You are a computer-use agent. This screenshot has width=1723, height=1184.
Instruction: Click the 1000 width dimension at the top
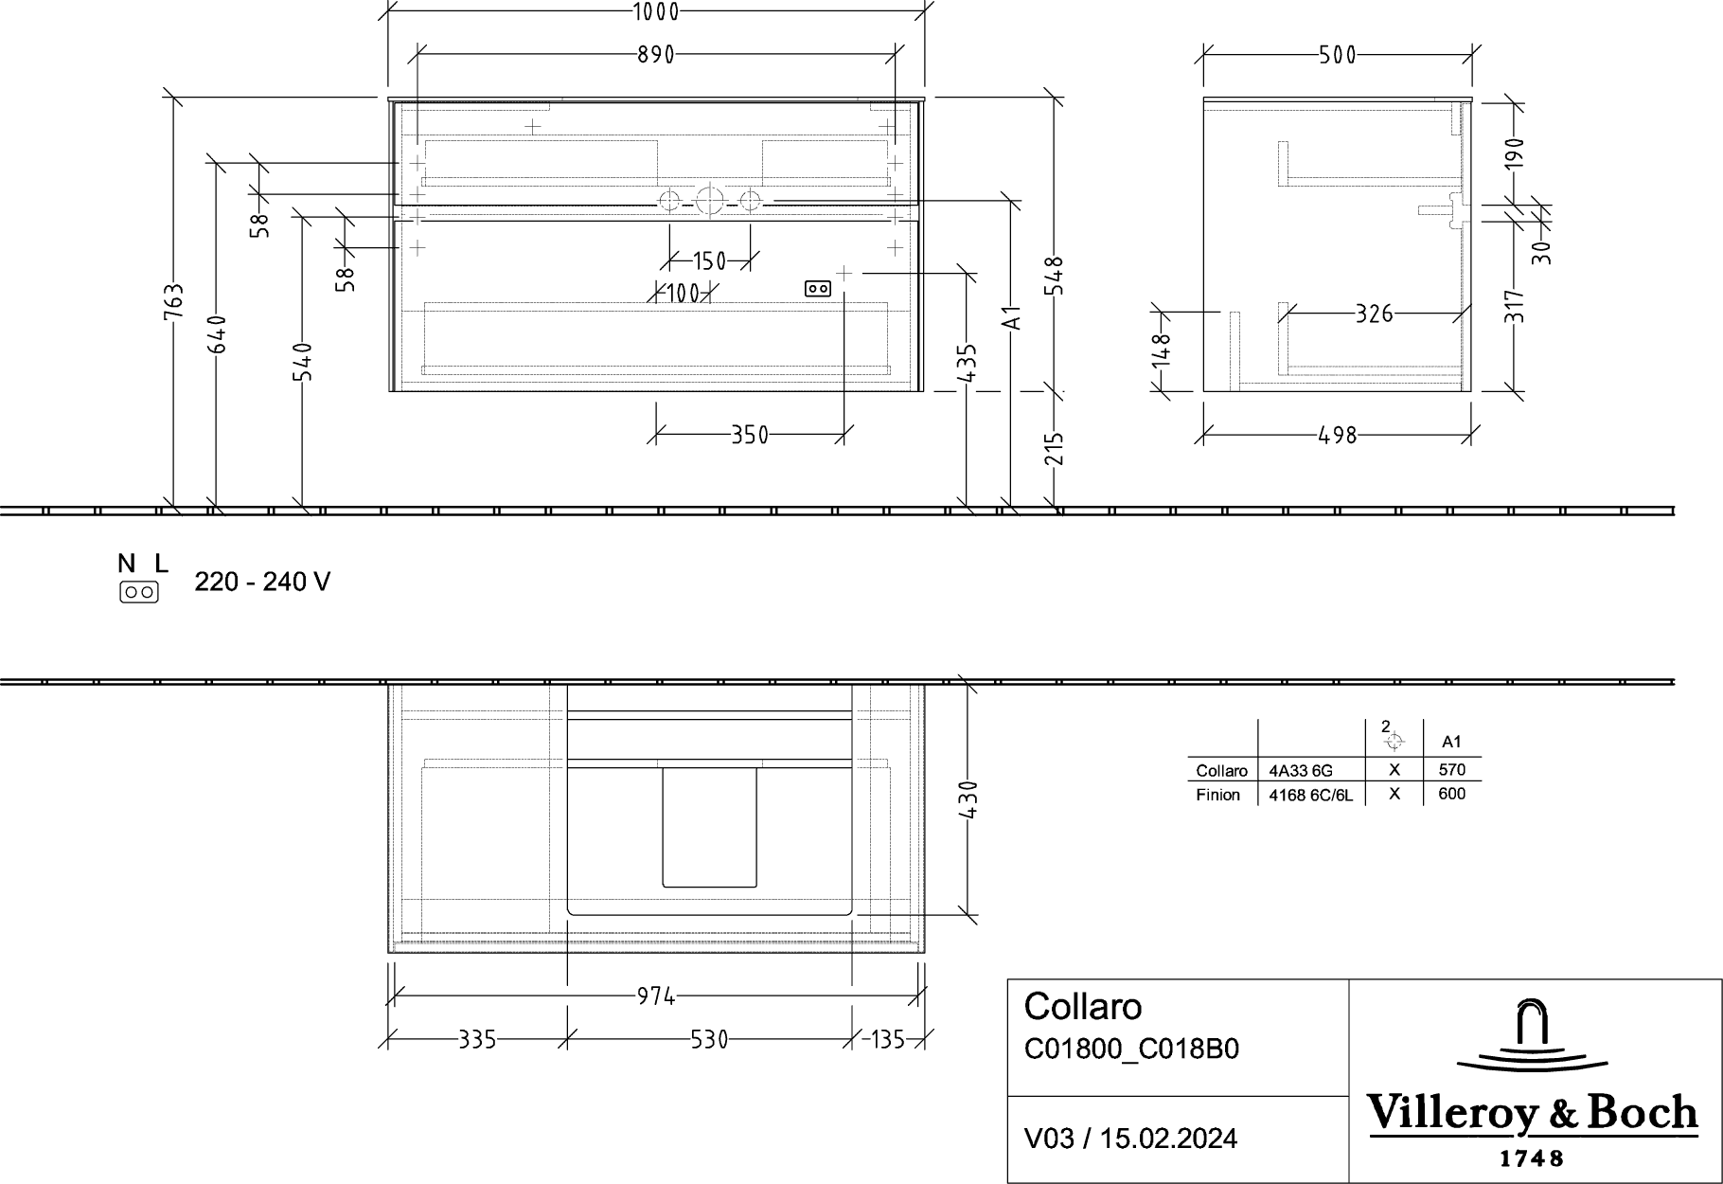pyautogui.click(x=655, y=11)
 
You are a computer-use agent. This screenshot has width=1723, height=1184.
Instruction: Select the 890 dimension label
pyautogui.click(x=655, y=55)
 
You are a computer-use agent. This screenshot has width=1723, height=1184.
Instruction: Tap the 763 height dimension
pyautogui.click(x=173, y=302)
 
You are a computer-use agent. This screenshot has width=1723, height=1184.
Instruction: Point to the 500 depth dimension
pyautogui.click(x=1338, y=55)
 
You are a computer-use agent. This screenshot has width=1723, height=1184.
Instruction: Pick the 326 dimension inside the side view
pyautogui.click(x=1375, y=313)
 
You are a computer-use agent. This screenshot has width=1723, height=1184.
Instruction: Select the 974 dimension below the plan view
pyautogui.click(x=655, y=996)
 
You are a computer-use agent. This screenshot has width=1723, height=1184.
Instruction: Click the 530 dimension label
pyautogui.click(x=709, y=1040)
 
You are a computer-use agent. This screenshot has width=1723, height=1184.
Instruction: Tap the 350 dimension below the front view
pyautogui.click(x=750, y=435)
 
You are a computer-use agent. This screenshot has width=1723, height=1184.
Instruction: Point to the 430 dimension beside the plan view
pyautogui.click(x=968, y=800)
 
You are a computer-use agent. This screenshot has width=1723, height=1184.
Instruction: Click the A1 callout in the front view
pyautogui.click(x=1012, y=318)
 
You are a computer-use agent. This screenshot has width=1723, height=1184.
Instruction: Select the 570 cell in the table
pyautogui.click(x=1451, y=770)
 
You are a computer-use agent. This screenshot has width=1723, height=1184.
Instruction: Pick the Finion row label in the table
pyautogui.click(x=1217, y=795)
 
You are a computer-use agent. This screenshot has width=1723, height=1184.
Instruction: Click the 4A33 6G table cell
pyautogui.click(x=1301, y=771)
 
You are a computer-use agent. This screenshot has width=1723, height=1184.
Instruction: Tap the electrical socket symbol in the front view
pyautogui.click(x=818, y=289)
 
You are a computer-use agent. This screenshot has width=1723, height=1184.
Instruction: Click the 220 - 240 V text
pyautogui.click(x=262, y=582)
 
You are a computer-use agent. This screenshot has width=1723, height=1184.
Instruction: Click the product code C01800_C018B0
pyautogui.click(x=1131, y=1049)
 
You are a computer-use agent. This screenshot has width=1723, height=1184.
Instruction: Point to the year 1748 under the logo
pyautogui.click(x=1532, y=1158)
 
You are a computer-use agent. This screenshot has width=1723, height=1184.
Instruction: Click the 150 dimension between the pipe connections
pyautogui.click(x=709, y=260)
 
